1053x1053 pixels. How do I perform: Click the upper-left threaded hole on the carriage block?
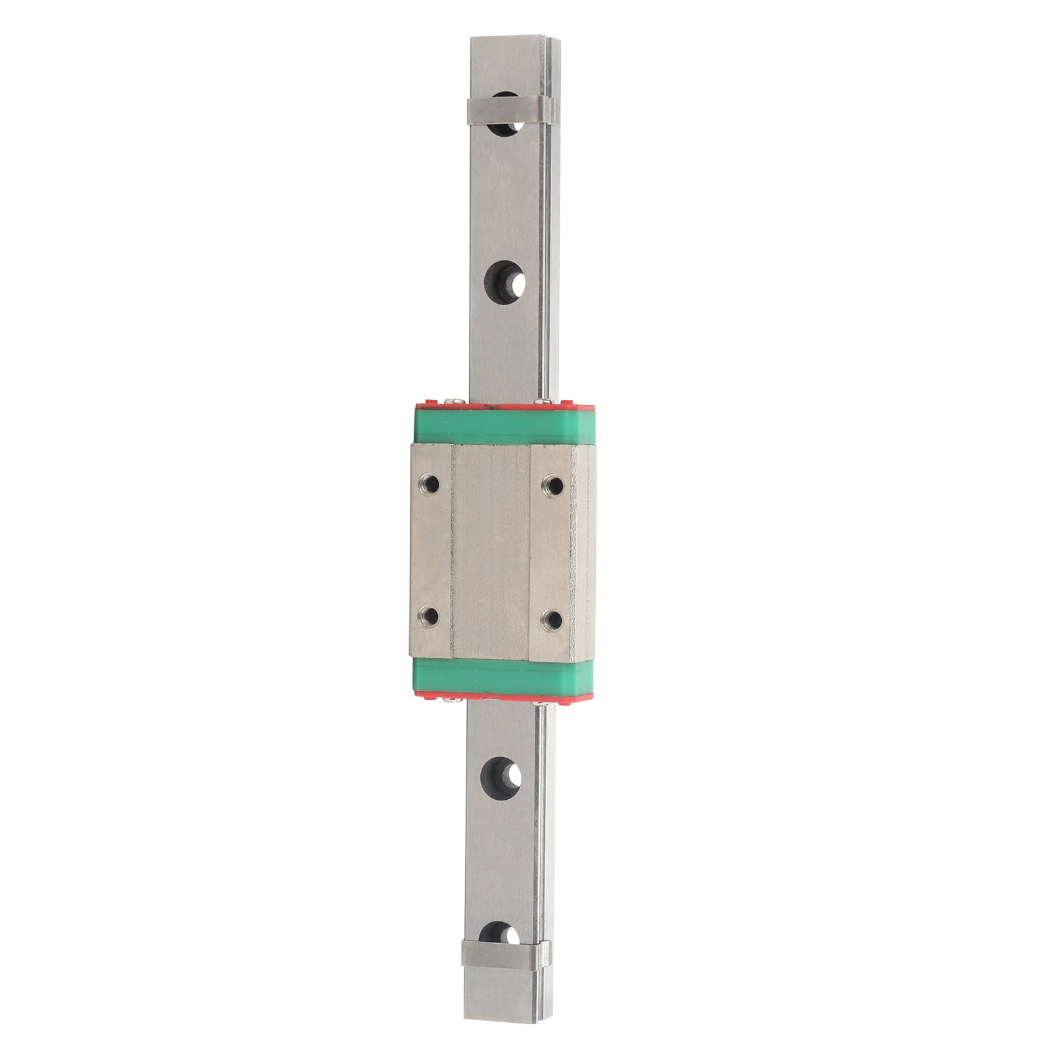pyautogui.click(x=432, y=485)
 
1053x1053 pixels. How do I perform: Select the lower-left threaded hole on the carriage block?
pyautogui.click(x=432, y=616)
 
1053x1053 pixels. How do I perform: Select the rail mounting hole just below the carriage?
pyautogui.click(x=503, y=776)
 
